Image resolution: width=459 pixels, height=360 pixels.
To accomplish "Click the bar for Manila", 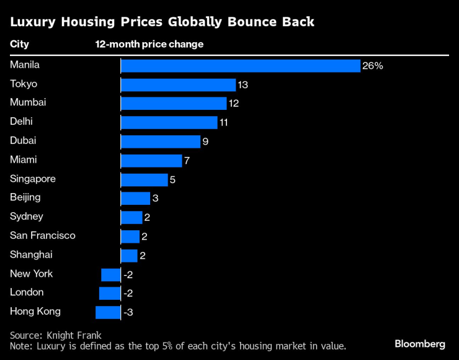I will pyautogui.click(x=240, y=66).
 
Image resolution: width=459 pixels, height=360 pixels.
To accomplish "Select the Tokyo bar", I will pyautogui.click(x=178, y=85).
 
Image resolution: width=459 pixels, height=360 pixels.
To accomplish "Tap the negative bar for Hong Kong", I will pyautogui.click(x=108, y=312).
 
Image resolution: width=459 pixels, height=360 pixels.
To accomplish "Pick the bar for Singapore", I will pyautogui.click(x=144, y=180).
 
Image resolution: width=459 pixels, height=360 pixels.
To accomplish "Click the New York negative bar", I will pyautogui.click(x=111, y=274).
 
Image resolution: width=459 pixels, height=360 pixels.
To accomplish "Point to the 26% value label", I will pyautogui.click(x=373, y=66).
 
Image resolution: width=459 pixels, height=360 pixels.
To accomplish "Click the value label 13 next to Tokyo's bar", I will pyautogui.click(x=243, y=85).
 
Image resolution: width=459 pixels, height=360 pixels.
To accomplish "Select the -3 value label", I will pyautogui.click(x=128, y=312).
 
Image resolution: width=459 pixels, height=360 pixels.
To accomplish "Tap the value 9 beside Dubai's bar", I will pyautogui.click(x=205, y=142).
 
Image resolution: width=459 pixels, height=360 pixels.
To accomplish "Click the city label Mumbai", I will pyautogui.click(x=28, y=102).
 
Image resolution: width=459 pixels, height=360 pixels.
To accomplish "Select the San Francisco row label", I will pyautogui.click(x=43, y=235).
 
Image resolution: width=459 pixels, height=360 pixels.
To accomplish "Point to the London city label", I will pyautogui.click(x=27, y=292).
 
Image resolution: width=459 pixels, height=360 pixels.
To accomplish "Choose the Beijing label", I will pyautogui.click(x=25, y=197).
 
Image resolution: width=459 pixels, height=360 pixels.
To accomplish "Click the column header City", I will pyautogui.click(x=19, y=45).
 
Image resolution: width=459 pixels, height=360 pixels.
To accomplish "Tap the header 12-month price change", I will pyautogui.click(x=149, y=45).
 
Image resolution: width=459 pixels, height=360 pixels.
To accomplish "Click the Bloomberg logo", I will pyautogui.click(x=420, y=344).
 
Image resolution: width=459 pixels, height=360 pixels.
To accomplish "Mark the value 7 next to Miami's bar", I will pyautogui.click(x=187, y=161).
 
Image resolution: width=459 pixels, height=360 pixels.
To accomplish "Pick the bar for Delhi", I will pyautogui.click(x=169, y=123).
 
